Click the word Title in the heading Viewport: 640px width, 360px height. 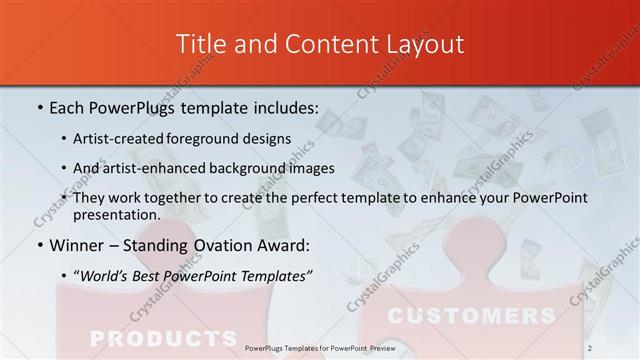tap(200, 44)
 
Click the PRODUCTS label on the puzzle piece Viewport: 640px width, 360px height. tap(162, 337)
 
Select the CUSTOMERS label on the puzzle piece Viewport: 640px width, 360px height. tap(471, 316)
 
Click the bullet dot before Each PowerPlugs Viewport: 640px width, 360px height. tap(39, 107)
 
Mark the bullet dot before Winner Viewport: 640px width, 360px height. tap(39, 245)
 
